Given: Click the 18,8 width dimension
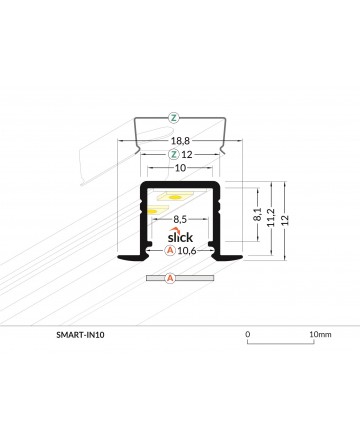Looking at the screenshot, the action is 181,141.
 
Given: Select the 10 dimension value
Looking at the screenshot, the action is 180,168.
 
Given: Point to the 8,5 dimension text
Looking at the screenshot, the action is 180,219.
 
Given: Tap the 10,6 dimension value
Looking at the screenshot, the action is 187,250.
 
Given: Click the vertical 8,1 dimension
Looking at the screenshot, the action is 258,214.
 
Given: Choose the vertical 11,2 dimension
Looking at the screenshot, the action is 271,217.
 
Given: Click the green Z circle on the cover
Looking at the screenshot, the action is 173,118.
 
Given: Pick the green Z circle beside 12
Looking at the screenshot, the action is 173,155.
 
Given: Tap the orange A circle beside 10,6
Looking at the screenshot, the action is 170,250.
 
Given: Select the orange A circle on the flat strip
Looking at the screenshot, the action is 170,278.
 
